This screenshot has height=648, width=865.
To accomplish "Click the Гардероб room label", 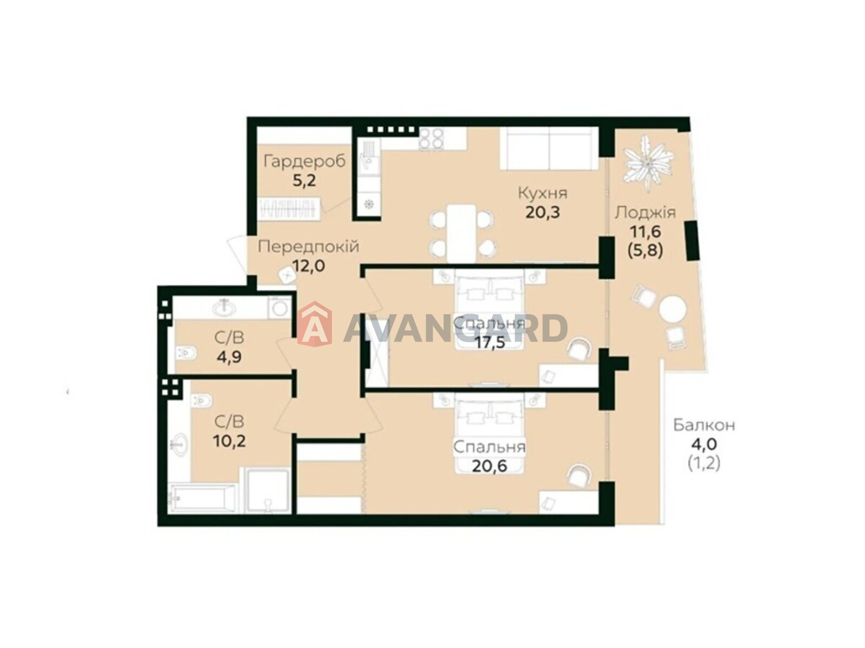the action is [304, 161].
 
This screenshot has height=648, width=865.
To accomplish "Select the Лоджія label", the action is [645, 213].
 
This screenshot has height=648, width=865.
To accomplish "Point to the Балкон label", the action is [704, 426].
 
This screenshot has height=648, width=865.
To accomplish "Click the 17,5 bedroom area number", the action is [489, 342].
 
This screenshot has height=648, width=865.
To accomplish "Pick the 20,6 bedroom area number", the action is [489, 466].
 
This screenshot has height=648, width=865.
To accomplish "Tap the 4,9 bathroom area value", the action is [229, 357].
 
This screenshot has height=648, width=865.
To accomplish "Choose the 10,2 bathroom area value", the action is [229, 441].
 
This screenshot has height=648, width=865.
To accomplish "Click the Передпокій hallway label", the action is [309, 247].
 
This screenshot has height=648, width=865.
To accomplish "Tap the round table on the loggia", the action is [673, 309].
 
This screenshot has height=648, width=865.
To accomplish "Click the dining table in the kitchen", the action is [461, 233].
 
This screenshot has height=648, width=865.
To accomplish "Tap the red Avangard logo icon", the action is [314, 324].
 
